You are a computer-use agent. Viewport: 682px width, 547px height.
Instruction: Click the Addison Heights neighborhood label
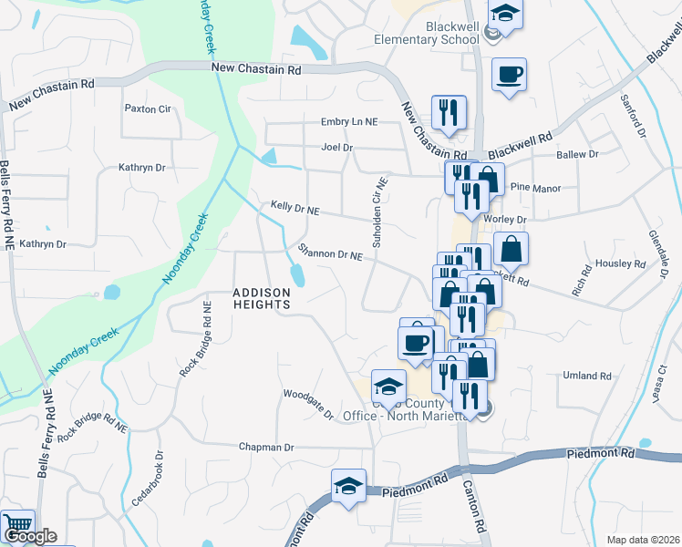coord(261,298)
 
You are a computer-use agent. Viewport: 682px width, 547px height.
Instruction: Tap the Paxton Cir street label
coord(148,108)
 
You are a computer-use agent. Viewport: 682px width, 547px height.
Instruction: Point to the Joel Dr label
coord(336,147)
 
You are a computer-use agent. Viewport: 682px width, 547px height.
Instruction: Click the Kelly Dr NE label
coord(295,209)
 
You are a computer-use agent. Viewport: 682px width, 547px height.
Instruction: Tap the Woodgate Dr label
coord(309,402)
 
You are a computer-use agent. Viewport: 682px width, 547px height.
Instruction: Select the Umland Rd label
coord(587,376)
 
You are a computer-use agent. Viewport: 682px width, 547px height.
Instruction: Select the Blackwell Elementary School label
coord(427,34)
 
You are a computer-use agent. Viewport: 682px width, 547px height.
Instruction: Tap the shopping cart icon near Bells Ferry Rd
coord(17,524)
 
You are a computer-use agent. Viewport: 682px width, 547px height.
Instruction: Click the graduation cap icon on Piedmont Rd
coord(347,486)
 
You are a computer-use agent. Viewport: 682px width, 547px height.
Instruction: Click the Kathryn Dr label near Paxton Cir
coord(142,168)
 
